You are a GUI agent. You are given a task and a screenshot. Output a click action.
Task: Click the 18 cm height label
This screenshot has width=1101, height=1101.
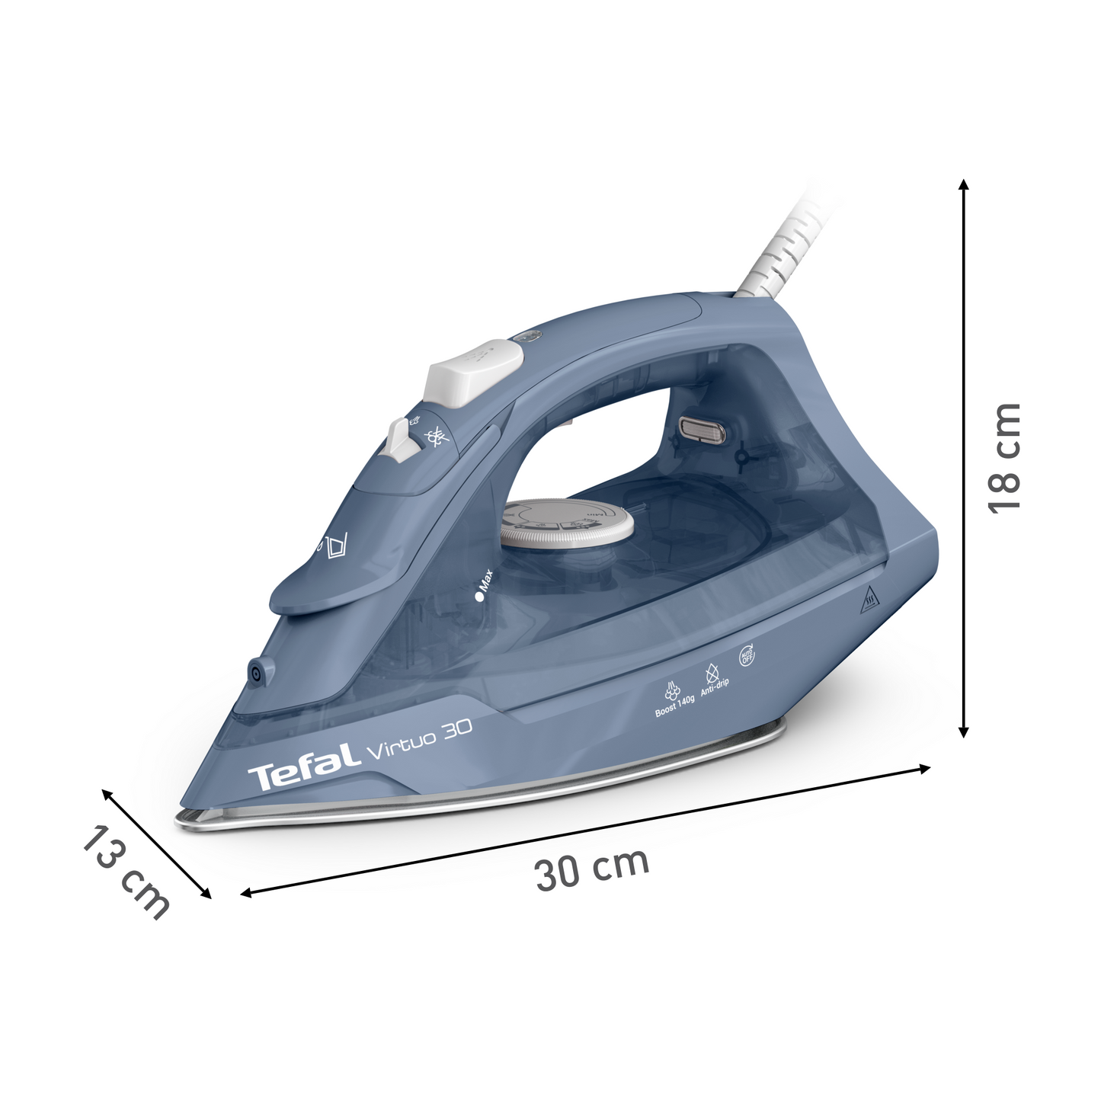pyautogui.click(x=1003, y=458)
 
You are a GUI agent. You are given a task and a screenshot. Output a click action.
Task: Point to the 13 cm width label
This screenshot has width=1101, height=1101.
pyautogui.click(x=126, y=872)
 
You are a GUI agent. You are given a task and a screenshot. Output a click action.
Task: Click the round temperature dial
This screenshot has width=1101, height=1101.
pyautogui.click(x=566, y=523)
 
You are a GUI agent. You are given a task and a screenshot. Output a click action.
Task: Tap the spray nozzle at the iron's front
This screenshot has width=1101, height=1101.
pyautogui.click(x=254, y=674)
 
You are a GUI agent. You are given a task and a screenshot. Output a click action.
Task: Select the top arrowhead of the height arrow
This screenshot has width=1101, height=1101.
pyautogui.click(x=963, y=185)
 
